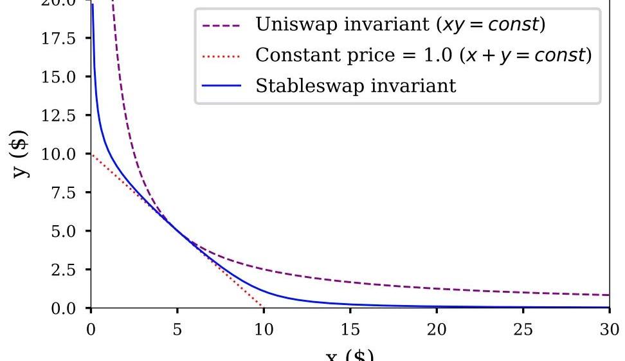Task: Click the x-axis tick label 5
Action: (x=177, y=330)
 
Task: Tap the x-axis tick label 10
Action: (x=264, y=330)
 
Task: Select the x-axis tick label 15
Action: (x=350, y=330)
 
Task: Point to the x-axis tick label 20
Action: (x=437, y=330)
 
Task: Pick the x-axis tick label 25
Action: (x=523, y=330)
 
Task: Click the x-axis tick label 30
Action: (x=609, y=330)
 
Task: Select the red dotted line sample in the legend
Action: (x=221, y=56)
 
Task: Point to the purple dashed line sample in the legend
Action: (x=221, y=26)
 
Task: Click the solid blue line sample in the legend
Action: (x=221, y=86)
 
